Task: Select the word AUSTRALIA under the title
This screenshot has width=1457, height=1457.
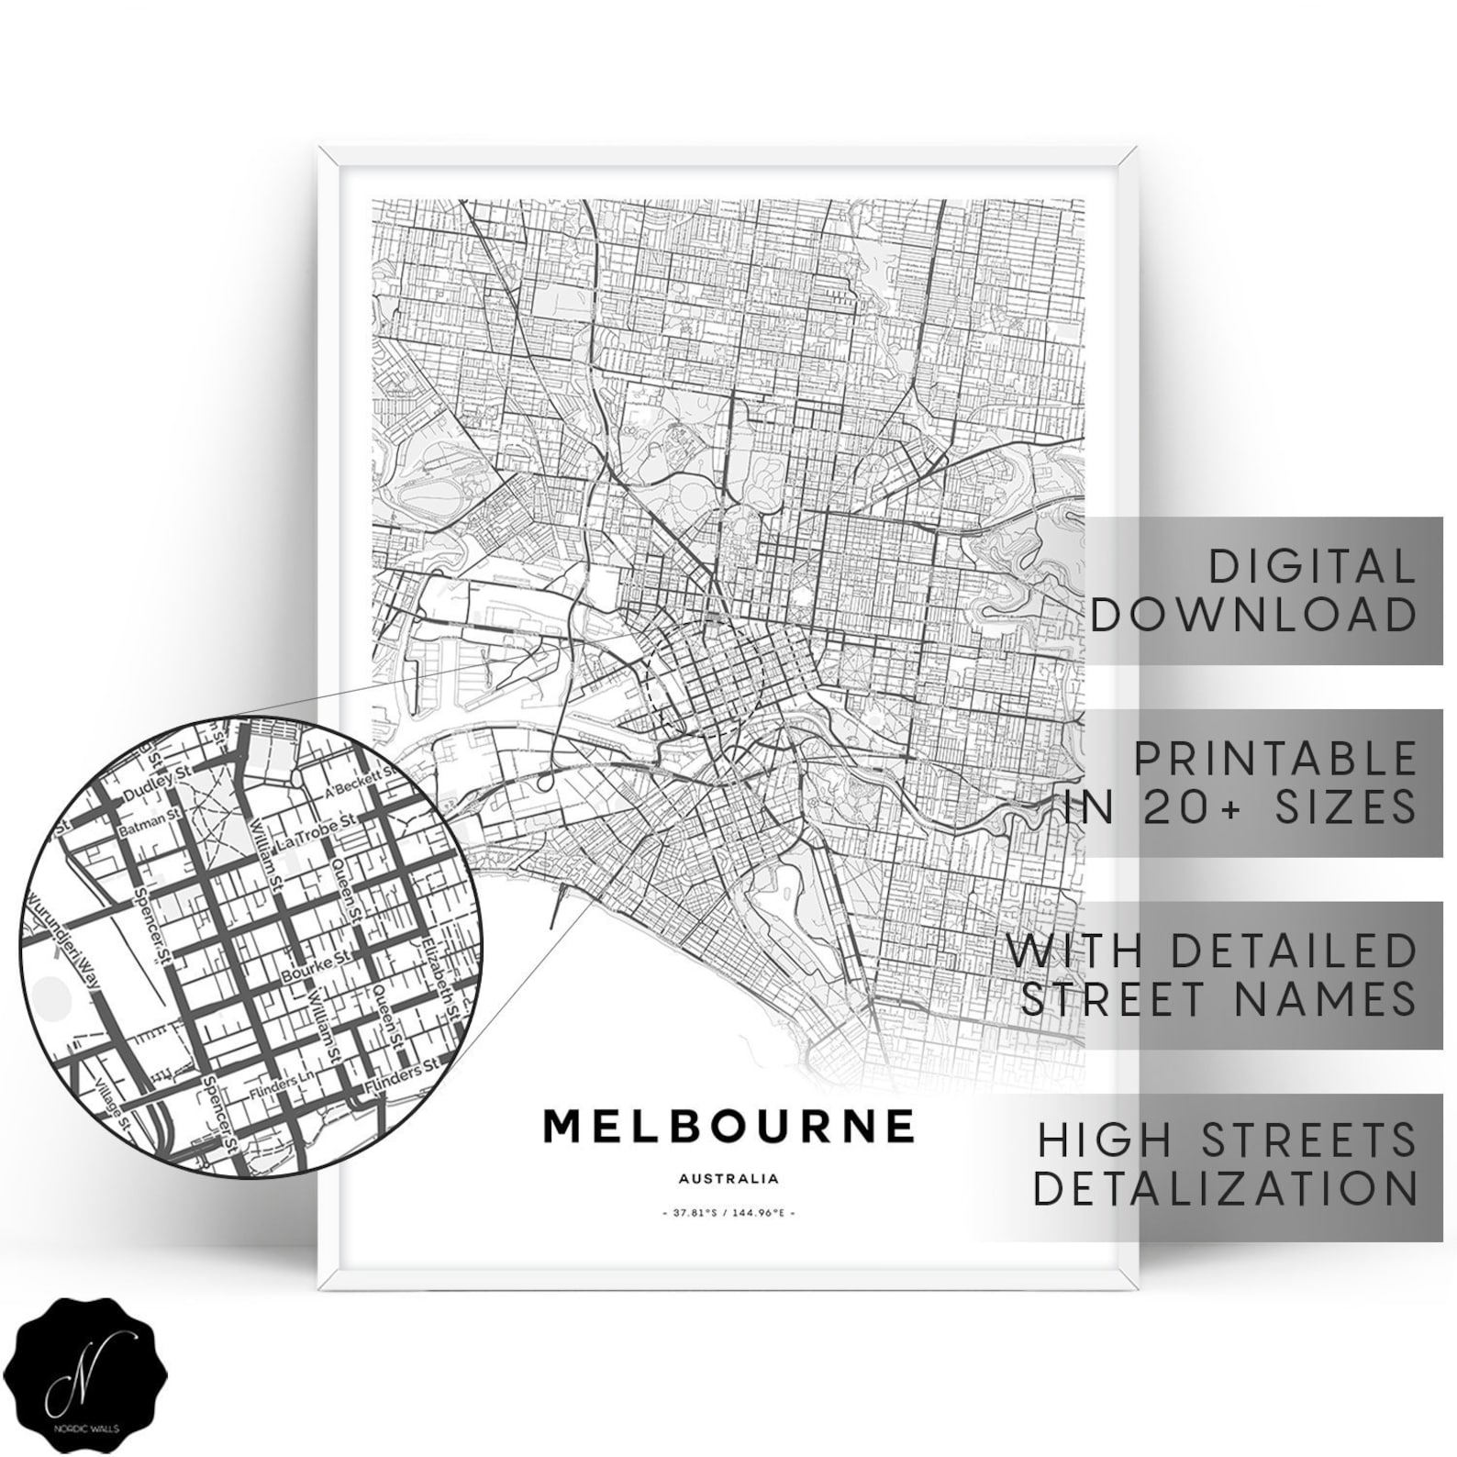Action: pyautogui.click(x=729, y=1178)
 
